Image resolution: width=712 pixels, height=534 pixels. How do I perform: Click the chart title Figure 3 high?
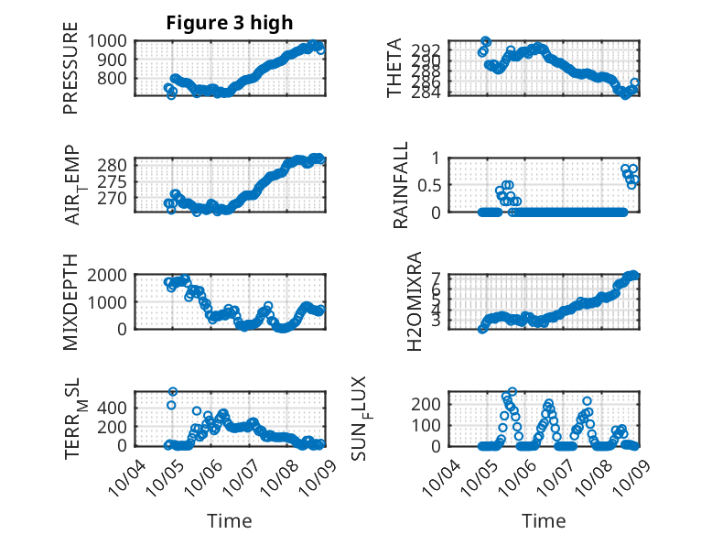tap(229, 23)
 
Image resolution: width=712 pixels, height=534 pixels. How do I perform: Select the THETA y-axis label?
tap(394, 68)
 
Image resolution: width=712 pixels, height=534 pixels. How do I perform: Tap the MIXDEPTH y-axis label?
tap(71, 303)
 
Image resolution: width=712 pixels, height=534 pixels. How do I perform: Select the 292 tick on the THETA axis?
tap(433, 49)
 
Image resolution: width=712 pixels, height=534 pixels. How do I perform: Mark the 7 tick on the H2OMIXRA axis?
tap(437, 278)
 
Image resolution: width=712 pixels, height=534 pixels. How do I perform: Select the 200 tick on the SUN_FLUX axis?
tap(433, 403)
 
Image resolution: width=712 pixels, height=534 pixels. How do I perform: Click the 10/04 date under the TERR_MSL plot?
tap(125, 475)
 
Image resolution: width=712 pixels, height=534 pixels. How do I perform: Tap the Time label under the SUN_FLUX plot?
tap(544, 521)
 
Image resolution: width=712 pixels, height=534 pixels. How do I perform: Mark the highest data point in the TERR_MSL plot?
tap(172, 393)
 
